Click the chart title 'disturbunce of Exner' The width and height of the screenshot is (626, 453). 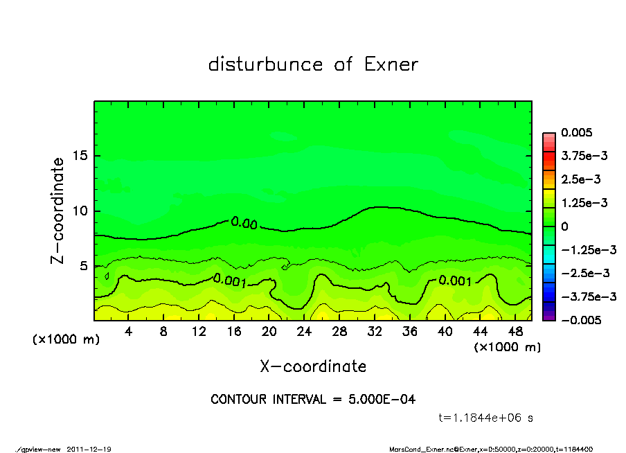pos(313,64)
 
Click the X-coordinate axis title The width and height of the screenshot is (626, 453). pos(313,366)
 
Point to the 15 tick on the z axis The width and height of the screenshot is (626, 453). pos(79,156)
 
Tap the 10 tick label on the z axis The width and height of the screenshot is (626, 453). pos(79,211)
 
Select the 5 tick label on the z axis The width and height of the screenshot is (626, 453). pos(83,265)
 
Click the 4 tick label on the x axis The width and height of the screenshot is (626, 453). pos(129,332)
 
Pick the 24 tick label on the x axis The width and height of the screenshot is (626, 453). pos(304,332)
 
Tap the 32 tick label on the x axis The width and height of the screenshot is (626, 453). pos(374,332)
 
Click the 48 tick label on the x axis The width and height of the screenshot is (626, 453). pos(514,332)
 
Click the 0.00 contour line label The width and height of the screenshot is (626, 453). pos(244,222)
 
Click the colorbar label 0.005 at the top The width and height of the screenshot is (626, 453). pos(578,132)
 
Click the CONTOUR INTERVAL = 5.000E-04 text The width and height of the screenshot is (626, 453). pos(313,400)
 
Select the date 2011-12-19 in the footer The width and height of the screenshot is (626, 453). pos(89,449)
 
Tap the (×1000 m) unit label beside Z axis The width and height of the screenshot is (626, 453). pos(64,340)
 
